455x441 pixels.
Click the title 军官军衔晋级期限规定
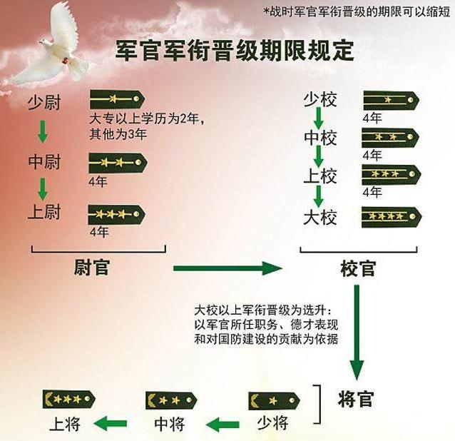point(235,51)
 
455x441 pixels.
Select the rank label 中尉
point(44,161)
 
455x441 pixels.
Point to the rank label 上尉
point(44,212)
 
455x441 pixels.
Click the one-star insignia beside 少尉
point(116,99)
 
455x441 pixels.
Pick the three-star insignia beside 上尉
point(116,213)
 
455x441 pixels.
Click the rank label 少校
point(319,100)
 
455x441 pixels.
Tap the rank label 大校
point(319,217)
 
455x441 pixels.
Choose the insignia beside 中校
point(389,137)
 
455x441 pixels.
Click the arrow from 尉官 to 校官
point(227,268)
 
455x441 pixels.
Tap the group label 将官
point(355,399)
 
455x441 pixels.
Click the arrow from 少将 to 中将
point(223,425)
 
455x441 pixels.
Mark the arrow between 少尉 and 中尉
point(43,131)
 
